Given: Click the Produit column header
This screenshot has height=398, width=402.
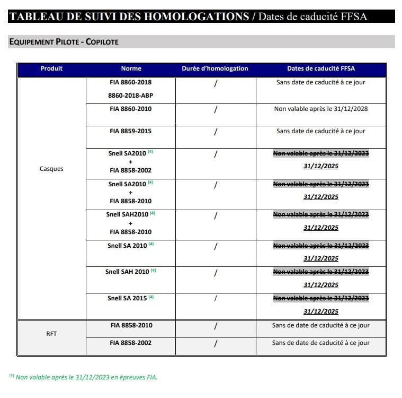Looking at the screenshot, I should point(51,68).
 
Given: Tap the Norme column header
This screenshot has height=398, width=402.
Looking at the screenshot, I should point(131,68).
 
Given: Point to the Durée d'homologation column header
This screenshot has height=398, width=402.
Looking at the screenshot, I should point(215,68).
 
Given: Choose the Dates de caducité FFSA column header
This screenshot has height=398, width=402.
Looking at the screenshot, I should point(320,68).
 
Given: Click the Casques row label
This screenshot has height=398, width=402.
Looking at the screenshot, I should point(51,169).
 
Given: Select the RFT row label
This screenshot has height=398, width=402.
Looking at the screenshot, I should point(51,334).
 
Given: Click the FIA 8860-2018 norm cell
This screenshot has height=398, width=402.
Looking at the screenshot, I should point(130,82).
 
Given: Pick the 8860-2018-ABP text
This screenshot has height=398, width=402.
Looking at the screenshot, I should point(130,96).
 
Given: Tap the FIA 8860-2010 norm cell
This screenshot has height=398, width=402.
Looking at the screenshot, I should point(130,109).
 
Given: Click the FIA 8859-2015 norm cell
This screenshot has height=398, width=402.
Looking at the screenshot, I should point(130,131).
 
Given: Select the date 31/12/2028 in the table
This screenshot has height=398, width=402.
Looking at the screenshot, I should point(351,109).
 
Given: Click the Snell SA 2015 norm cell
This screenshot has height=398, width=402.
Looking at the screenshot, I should point(127,298).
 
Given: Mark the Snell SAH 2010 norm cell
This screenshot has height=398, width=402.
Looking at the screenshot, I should point(127,272).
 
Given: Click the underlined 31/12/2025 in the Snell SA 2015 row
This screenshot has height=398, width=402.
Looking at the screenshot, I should point(320,312).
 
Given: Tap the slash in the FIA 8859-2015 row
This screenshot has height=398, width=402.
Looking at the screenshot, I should point(215,132).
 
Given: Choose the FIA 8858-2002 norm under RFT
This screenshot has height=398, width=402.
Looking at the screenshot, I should point(130,343).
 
